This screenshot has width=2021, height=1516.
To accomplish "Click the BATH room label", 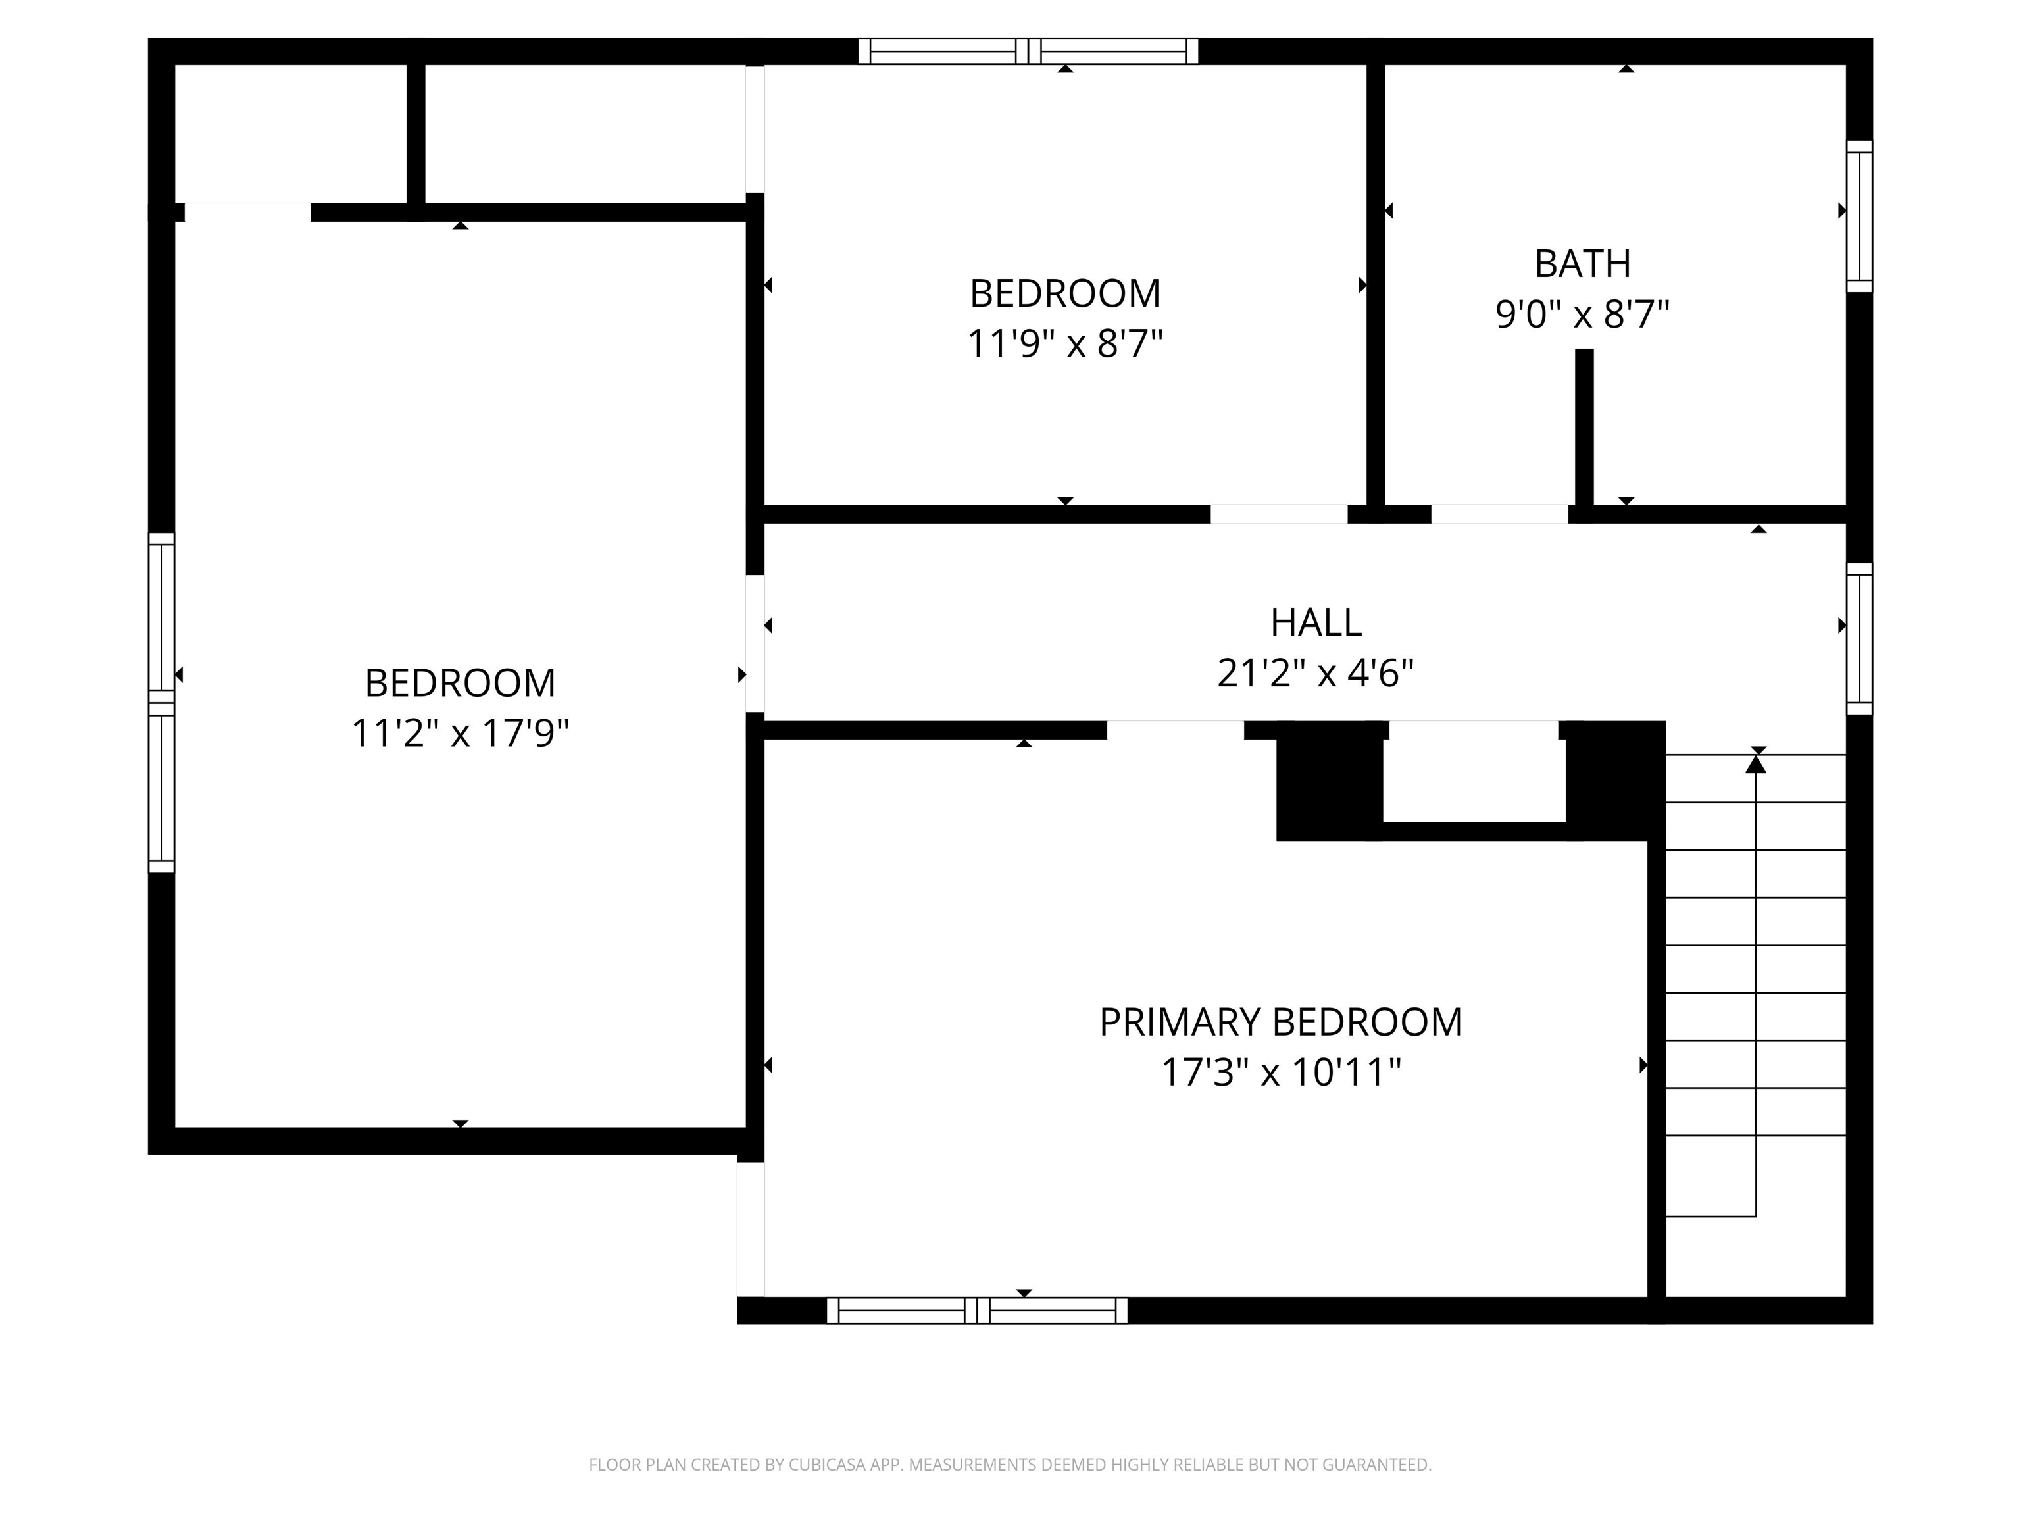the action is click(1582, 264).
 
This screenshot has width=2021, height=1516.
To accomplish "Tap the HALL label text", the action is click(1316, 623).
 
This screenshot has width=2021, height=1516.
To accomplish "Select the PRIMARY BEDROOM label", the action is click(1280, 1023).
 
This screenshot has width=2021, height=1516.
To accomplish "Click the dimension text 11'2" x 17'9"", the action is click(461, 733).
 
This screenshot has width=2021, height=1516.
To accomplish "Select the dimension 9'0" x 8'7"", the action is click(1582, 315).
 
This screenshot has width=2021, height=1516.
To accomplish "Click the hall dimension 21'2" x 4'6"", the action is click(1316, 674).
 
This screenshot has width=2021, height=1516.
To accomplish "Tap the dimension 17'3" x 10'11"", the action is click(1280, 1072).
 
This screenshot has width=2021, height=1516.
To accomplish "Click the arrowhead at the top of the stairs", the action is click(1755, 763).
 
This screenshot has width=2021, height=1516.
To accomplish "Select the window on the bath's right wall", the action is click(1859, 216).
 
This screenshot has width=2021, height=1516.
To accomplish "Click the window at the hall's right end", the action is click(1859, 639).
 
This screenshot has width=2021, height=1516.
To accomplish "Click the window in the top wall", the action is click(1028, 51).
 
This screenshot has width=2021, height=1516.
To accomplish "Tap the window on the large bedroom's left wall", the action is click(162, 703).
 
